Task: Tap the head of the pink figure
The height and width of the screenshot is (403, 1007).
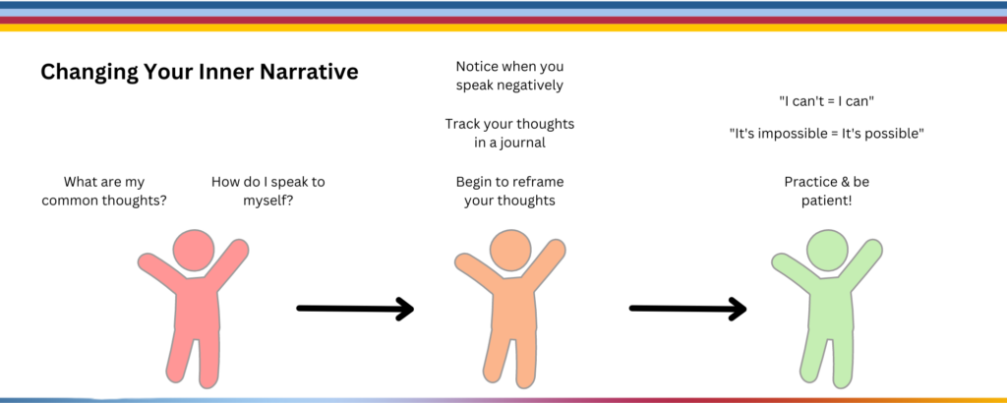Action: click(194, 251)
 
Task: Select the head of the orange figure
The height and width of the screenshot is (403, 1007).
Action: click(510, 250)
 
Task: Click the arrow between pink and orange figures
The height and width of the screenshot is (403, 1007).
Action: click(355, 309)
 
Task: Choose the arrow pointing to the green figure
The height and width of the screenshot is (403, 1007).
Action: click(687, 309)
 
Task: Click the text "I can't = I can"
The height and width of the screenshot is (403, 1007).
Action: click(826, 101)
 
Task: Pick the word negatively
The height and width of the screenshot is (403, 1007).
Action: click(530, 86)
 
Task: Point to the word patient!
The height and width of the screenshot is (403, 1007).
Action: click(826, 201)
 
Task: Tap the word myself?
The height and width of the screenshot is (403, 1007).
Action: click(268, 201)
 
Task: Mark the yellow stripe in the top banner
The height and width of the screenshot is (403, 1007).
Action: click(503, 28)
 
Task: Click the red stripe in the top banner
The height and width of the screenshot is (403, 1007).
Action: click(503, 20)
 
